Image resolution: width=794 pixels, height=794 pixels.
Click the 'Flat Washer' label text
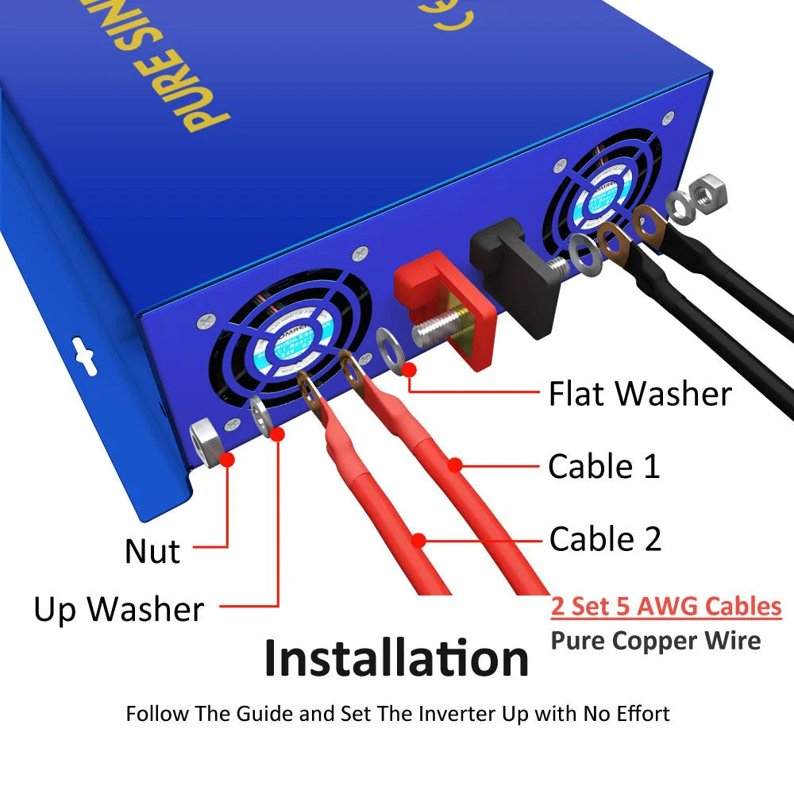click(x=640, y=394)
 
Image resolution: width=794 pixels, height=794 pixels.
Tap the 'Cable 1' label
click(x=603, y=466)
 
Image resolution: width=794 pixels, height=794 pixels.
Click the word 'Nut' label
click(x=152, y=552)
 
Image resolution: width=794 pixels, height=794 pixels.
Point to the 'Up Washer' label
click(x=118, y=610)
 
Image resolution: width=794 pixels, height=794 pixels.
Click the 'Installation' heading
click(x=396, y=659)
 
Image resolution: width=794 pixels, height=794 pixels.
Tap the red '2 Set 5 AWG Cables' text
click(x=666, y=607)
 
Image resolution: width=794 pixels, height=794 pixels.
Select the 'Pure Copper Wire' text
click(x=655, y=640)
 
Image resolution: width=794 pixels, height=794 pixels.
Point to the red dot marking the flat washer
click(x=410, y=370)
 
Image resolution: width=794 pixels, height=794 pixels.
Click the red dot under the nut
click(x=228, y=459)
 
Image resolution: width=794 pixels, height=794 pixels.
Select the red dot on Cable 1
click(x=454, y=466)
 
